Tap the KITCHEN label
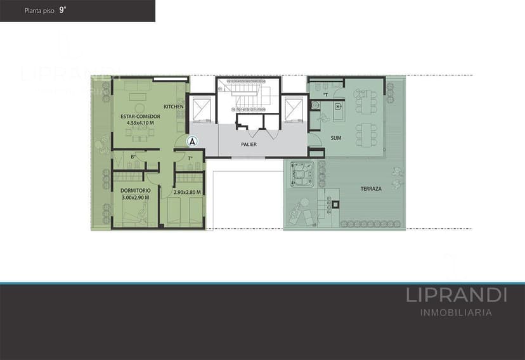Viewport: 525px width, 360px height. coord(173,106)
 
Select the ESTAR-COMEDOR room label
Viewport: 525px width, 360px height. coord(140,117)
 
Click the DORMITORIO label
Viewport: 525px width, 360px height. coord(135,191)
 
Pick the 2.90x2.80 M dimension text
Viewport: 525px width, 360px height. coord(187,192)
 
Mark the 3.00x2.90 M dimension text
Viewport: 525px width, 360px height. coord(135,198)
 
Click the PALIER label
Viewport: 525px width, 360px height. coord(249,145)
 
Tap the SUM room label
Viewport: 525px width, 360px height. coord(335,138)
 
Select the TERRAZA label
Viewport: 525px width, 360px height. coord(371,189)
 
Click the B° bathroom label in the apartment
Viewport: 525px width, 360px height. coord(134,157)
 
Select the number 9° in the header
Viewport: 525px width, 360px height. coord(63,10)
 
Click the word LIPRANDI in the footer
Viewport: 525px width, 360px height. coord(456,295)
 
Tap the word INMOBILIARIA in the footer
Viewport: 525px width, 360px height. coord(456,312)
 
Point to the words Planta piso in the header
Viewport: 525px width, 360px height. coord(39,11)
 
